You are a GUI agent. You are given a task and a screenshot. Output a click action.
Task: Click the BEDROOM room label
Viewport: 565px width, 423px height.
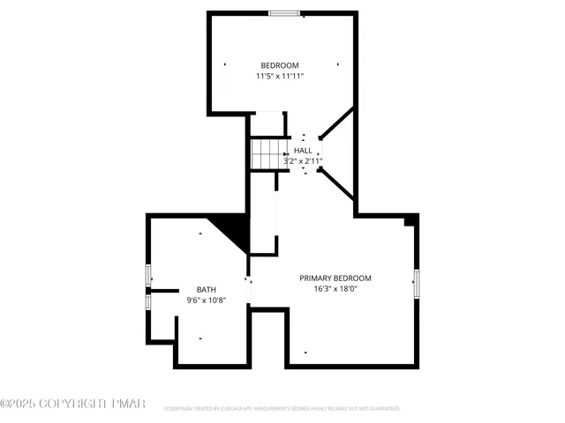pyautogui.click(x=279, y=65)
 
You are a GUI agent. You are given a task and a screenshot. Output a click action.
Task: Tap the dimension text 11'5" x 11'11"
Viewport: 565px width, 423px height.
pyautogui.click(x=279, y=77)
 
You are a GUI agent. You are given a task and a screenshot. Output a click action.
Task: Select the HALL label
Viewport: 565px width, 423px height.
pyautogui.click(x=303, y=151)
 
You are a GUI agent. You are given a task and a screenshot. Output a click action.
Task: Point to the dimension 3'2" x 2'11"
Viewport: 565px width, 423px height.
pyautogui.click(x=303, y=161)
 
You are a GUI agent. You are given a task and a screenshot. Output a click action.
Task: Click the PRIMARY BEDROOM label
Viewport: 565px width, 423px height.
pyautogui.click(x=335, y=278)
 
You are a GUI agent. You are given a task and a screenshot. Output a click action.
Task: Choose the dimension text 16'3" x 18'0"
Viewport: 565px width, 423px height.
pyautogui.click(x=335, y=289)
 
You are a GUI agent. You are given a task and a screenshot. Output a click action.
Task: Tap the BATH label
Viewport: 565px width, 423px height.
pyautogui.click(x=206, y=290)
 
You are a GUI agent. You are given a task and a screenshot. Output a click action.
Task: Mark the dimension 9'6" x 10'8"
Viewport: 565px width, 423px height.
pyautogui.click(x=206, y=301)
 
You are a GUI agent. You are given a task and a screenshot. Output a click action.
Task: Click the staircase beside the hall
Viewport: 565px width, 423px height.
pyautogui.click(x=267, y=154)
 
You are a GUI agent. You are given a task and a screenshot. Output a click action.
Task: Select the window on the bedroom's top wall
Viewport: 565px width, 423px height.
pyautogui.click(x=283, y=12)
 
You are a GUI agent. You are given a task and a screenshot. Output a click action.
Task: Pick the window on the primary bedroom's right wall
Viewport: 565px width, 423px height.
pyautogui.click(x=416, y=284)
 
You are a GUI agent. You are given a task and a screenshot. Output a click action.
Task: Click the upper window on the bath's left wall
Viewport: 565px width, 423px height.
pyautogui.click(x=148, y=276)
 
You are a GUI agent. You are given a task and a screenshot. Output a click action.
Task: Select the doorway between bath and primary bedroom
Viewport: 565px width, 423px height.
pyautogui.click(x=248, y=291)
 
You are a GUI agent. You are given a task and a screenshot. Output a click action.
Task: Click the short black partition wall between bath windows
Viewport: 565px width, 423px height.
pyautogui.click(x=163, y=290)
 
